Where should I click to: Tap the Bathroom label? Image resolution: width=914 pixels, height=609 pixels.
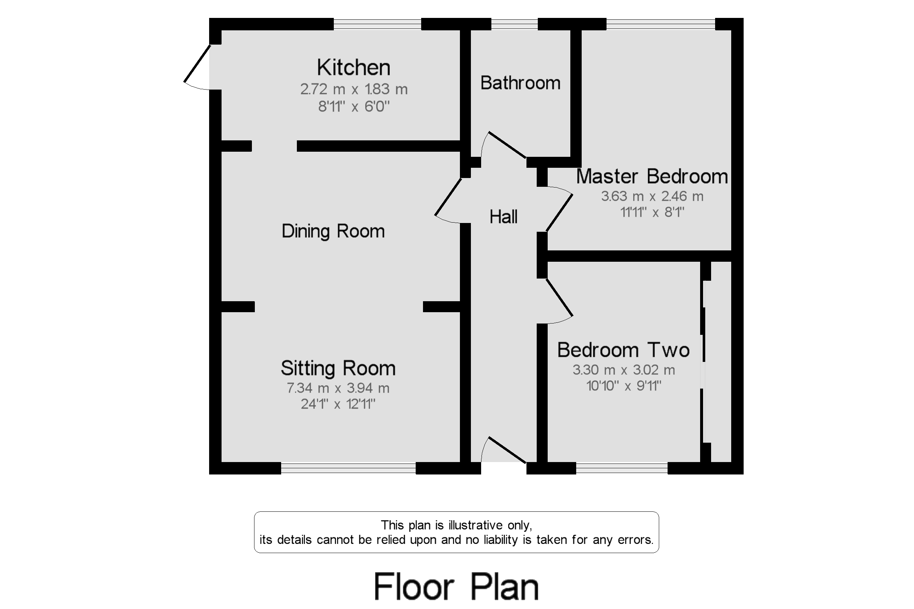[520, 83]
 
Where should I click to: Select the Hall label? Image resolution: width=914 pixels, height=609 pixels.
[503, 217]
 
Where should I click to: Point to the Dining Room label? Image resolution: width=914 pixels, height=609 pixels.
[333, 231]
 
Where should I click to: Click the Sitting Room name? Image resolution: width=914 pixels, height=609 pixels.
[338, 368]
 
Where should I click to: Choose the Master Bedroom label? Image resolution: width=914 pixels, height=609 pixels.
[652, 176]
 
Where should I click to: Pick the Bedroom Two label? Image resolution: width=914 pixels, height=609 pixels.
[623, 350]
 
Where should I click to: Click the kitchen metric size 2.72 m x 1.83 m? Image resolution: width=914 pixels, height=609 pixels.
[354, 89]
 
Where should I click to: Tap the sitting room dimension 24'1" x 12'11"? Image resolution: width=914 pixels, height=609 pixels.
[338, 404]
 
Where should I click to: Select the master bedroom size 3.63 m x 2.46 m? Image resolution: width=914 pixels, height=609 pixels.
[652, 196]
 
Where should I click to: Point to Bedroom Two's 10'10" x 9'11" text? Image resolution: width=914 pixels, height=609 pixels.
[623, 386]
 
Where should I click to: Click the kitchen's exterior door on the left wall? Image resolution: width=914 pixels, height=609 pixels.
[197, 64]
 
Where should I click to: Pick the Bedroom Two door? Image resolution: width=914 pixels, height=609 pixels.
[559, 298]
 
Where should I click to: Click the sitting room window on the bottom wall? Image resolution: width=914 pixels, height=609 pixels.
[348, 468]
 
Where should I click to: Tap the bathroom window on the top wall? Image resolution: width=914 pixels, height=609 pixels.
[514, 24]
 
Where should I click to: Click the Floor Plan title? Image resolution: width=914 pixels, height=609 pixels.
[456, 586]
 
